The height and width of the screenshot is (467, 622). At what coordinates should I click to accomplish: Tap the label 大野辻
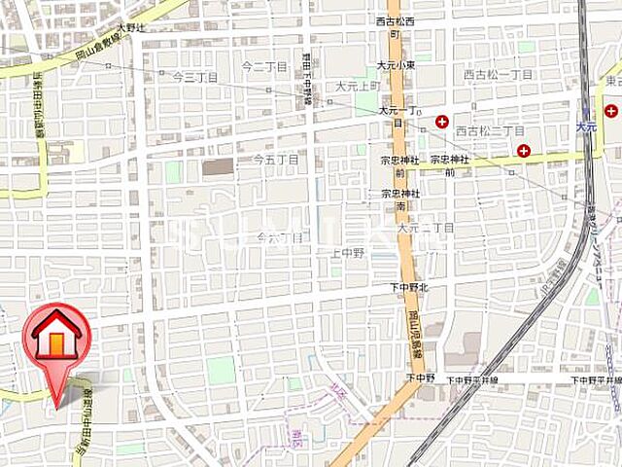pyautogui.click(x=129, y=29)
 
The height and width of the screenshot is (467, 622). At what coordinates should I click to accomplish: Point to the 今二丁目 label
pyautogui.click(x=264, y=66)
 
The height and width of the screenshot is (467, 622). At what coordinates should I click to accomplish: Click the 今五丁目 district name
pyautogui.click(x=275, y=158)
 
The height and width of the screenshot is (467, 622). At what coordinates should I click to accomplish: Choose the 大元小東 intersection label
pyautogui.click(x=397, y=66)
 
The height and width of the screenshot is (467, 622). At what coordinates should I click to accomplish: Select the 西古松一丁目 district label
pyautogui.click(x=498, y=74)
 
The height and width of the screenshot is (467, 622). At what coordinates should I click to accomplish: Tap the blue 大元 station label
pyautogui.click(x=584, y=126)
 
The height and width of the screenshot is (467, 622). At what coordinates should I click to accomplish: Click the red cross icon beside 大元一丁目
pyautogui.click(x=442, y=122)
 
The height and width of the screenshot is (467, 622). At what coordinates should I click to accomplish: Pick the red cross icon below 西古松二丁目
pyautogui.click(x=524, y=150)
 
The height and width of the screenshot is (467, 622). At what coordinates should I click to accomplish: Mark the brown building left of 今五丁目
pyautogui.click(x=219, y=166)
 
